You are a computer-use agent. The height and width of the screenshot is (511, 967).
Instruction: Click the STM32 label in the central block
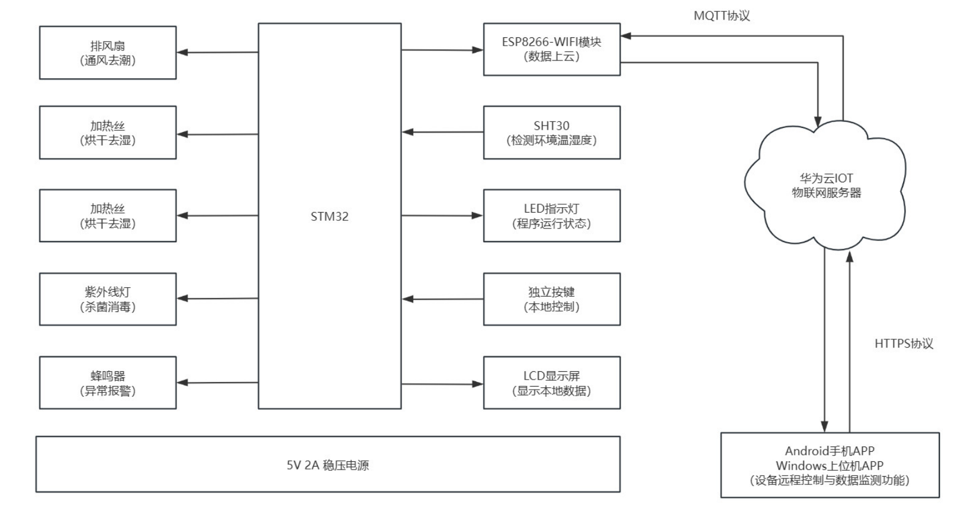329,217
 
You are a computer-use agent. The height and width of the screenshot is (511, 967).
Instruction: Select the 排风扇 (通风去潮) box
108,53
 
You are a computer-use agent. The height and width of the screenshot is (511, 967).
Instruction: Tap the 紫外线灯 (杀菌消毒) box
108,299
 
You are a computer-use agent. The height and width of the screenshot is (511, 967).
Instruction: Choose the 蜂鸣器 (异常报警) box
108,383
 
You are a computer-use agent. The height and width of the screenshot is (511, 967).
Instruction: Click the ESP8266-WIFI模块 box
551,49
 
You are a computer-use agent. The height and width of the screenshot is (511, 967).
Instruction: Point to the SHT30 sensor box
551,133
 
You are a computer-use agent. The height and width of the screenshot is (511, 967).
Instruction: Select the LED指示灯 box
551,216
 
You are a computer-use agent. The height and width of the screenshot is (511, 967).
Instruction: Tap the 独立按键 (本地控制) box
551,299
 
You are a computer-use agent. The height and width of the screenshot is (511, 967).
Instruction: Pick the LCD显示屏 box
551,383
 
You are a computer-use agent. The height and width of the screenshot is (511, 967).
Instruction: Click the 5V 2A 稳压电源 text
327,465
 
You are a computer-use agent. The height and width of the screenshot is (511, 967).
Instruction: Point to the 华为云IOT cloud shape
826,185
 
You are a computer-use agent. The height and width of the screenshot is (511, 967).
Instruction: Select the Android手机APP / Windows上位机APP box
830,465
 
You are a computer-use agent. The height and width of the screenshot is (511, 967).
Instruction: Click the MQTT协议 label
721,16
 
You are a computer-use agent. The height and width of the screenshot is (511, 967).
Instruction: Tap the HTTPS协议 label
904,344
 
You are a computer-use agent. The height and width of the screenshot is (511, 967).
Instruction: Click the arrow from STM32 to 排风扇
217,52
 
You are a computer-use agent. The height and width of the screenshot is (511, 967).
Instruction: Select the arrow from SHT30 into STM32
442,132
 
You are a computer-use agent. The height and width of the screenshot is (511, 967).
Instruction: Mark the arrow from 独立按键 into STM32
442,299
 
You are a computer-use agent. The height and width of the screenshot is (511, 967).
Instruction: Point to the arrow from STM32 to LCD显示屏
442,384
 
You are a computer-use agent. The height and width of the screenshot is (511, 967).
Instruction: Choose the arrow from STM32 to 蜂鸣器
217,383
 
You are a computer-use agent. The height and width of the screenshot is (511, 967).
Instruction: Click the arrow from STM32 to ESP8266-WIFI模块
442,50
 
